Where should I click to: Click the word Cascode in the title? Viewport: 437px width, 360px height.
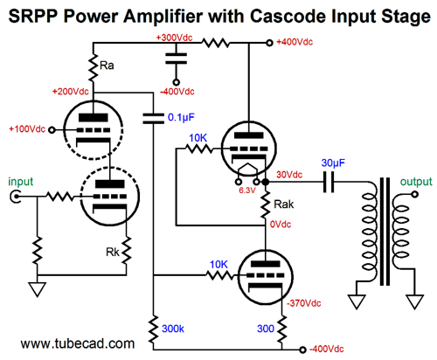[292, 16]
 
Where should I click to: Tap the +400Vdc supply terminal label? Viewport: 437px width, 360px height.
[295, 42]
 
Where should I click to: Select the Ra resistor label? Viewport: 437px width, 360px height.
[107, 66]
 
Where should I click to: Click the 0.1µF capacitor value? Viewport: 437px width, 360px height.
[181, 117]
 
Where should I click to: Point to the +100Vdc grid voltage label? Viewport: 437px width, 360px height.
[27, 129]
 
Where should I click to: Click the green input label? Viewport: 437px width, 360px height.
[21, 182]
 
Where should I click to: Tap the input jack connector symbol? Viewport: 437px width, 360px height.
[15, 197]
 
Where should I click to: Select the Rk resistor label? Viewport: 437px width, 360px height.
[113, 253]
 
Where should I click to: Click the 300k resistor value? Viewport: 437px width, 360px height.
[173, 329]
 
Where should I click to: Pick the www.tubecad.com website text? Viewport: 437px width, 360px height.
[78, 343]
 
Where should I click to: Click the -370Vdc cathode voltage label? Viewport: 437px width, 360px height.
[304, 303]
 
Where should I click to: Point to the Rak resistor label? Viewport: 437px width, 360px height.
[284, 204]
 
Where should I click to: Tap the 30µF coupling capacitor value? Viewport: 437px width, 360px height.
[333, 163]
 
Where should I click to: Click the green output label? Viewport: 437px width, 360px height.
[416, 182]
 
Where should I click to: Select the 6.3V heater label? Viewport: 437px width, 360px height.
[247, 190]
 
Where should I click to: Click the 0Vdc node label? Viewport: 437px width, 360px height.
[281, 225]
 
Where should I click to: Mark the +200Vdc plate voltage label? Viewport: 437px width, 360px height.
[71, 92]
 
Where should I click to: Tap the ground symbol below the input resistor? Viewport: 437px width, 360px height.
[38, 289]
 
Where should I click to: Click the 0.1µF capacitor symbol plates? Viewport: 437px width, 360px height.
[153, 119]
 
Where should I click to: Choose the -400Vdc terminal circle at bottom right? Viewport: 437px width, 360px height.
[302, 350]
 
